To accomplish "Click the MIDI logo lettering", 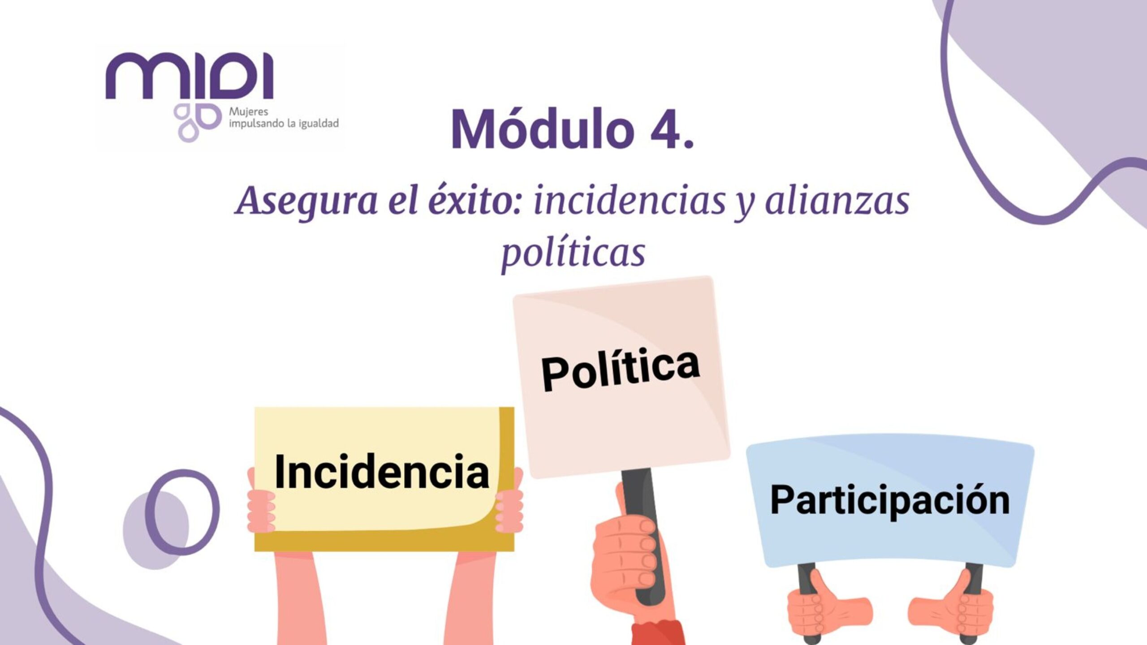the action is (x=189, y=76).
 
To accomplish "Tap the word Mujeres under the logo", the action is (x=248, y=112).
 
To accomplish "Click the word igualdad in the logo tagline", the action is (x=319, y=123).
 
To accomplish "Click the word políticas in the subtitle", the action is (x=573, y=253).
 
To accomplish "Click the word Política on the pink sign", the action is (x=621, y=370).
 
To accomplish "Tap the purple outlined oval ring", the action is (x=182, y=512).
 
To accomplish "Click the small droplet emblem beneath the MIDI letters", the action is (x=198, y=122).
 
